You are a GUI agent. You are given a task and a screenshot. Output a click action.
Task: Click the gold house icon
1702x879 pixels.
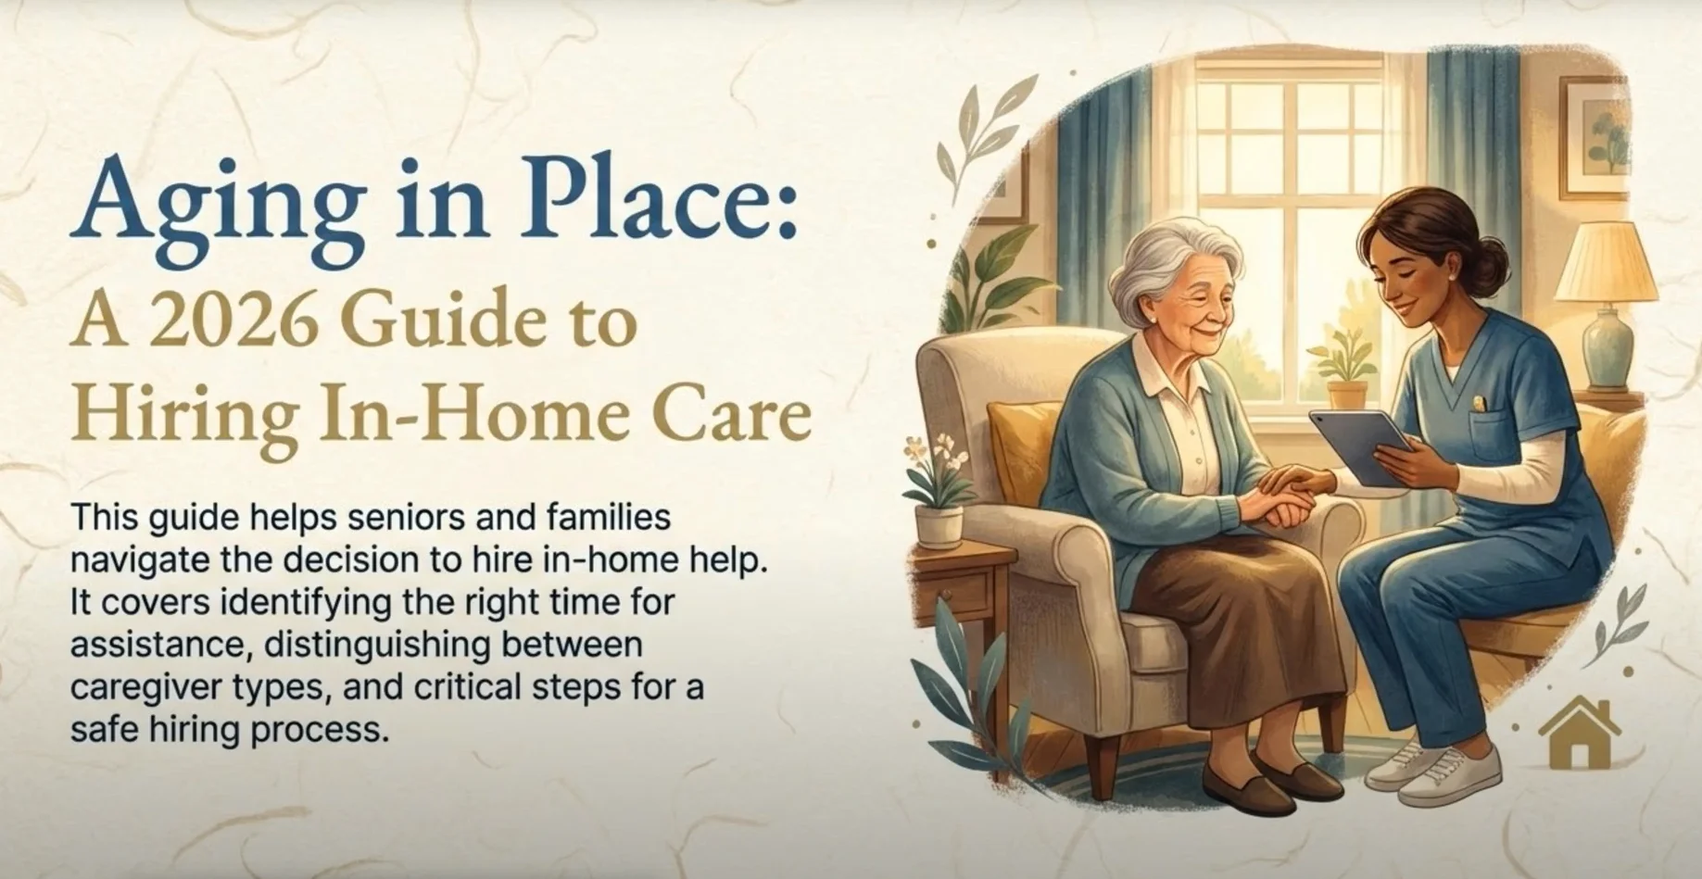[x=1580, y=734]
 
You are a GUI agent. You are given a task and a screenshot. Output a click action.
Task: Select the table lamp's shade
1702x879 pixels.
[x=1606, y=262]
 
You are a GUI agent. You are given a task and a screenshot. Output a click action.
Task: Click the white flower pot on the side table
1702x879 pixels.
[x=939, y=525]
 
